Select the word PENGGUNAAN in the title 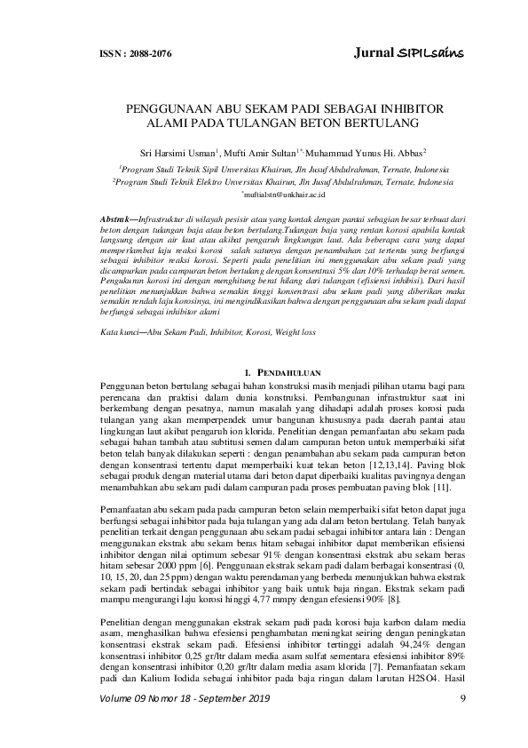(x=170, y=108)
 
